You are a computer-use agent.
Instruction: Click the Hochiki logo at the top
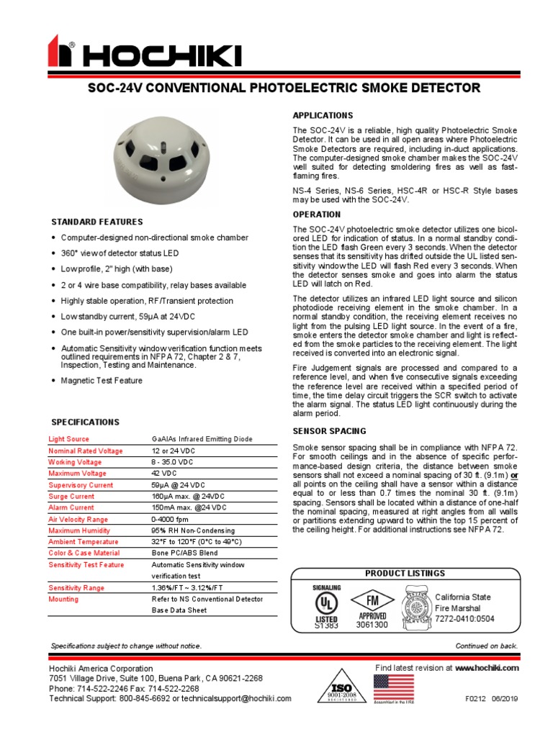pyautogui.click(x=144, y=53)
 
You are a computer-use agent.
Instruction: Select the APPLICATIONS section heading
pyautogui.click(x=322, y=116)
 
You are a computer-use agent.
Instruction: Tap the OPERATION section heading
pyautogui.click(x=316, y=214)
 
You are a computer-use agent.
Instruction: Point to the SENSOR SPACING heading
pyautogui.click(x=328, y=431)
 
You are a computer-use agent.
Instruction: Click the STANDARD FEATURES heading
pyautogui.click(x=96, y=222)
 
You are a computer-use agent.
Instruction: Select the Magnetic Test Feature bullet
pyautogui.click(x=102, y=381)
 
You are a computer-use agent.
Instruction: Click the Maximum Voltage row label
pyautogui.click(x=77, y=474)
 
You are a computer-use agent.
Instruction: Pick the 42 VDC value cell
pyautogui.click(x=165, y=474)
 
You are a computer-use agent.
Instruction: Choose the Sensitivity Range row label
pyautogui.click(x=76, y=588)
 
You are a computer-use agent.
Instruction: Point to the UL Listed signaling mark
pyautogui.click(x=325, y=607)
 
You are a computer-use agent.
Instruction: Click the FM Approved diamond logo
pyautogui.click(x=372, y=604)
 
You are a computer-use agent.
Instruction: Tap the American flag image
pyautogui.click(x=393, y=687)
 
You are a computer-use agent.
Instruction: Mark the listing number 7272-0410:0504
pyautogui.click(x=465, y=618)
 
